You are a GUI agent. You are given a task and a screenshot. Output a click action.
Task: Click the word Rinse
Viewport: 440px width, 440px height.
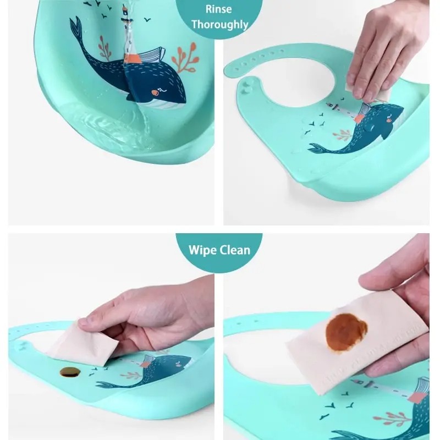click(219, 9)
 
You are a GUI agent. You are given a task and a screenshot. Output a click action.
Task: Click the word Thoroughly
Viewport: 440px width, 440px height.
click(219, 25)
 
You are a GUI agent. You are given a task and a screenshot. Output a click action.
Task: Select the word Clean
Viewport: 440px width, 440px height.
click(235, 250)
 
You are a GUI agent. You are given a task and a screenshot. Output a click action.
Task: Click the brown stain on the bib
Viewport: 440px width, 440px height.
click(70, 372)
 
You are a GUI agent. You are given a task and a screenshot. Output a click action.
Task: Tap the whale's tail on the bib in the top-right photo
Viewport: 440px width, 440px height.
click(318, 148)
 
